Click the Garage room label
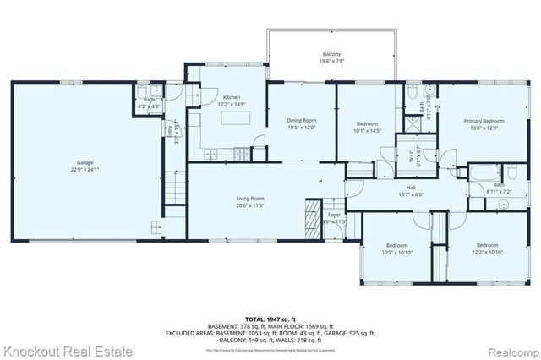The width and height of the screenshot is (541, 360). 85,166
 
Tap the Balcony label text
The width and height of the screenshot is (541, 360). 331,57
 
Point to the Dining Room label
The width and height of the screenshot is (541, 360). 301,123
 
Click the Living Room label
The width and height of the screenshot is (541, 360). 250,201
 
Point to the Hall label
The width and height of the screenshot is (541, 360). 410,191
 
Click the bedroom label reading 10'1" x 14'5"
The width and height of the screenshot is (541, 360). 369,128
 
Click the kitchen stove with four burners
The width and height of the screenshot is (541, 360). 242,155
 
